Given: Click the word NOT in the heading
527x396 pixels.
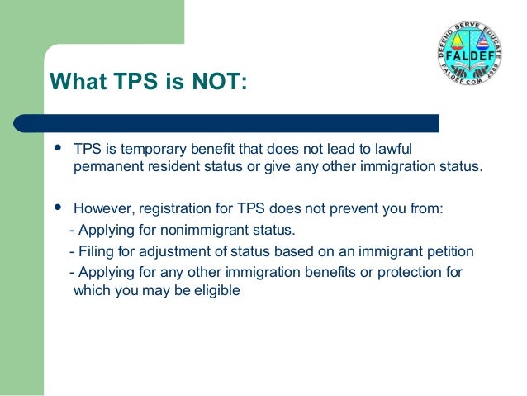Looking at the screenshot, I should pyautogui.click(x=216, y=83).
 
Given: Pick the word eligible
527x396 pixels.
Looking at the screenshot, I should pyautogui.click(x=216, y=290).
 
